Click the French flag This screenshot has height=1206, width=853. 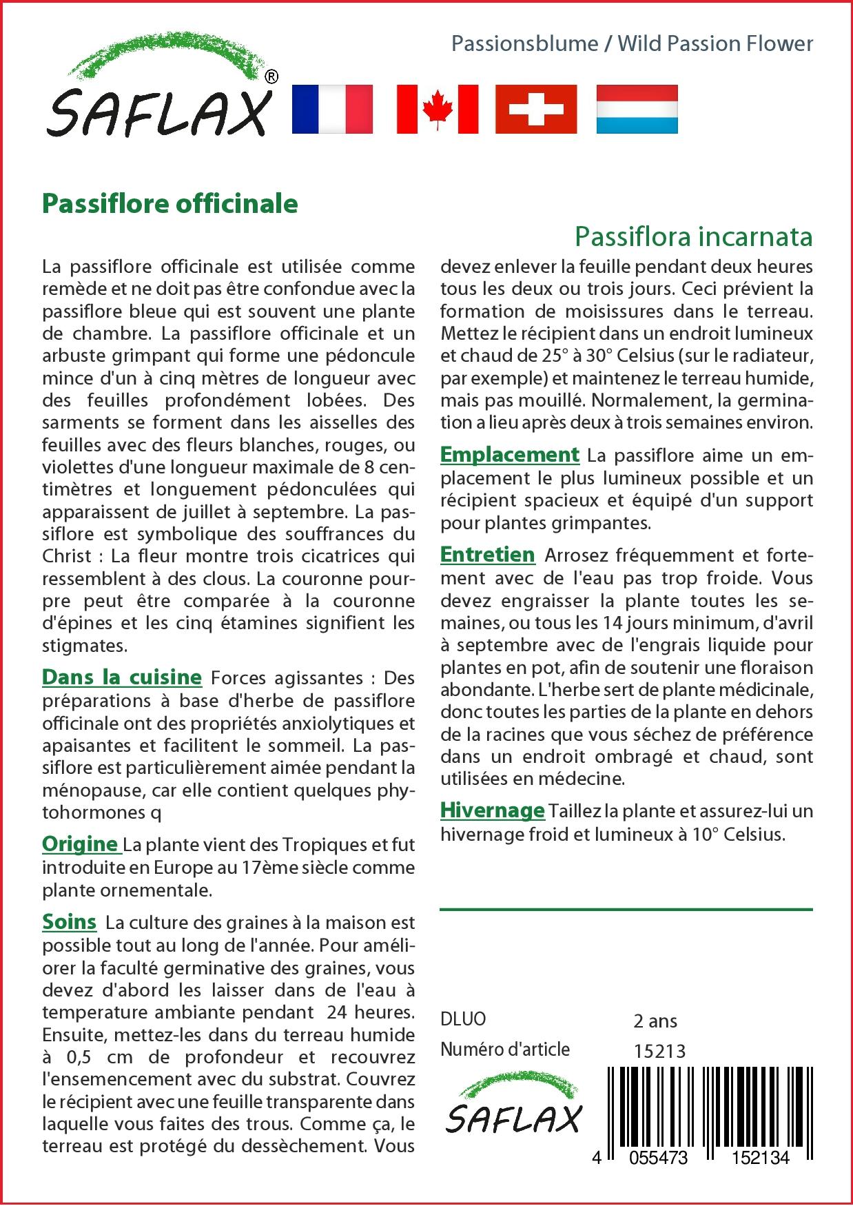tap(332, 109)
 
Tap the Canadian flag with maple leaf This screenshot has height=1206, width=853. tap(438, 109)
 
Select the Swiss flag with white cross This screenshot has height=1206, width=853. tap(536, 109)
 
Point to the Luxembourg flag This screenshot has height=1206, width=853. tap(637, 109)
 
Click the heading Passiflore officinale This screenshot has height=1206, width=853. tap(170, 204)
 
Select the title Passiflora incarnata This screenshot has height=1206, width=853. tap(693, 236)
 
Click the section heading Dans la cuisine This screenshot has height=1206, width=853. tap(122, 677)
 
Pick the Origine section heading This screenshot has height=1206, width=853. tap(80, 844)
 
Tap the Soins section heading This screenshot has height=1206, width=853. tap(69, 921)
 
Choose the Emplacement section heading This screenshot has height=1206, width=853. tap(510, 455)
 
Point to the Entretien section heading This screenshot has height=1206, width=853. tap(488, 555)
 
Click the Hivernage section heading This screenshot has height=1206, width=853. tap(493, 810)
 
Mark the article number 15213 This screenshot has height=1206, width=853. tap(659, 1051)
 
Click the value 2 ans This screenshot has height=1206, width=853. tap(655, 1021)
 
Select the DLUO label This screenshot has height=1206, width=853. tap(463, 1019)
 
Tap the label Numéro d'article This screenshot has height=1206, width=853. tap(505, 1050)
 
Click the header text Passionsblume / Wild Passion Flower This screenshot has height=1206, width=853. tap(632, 44)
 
